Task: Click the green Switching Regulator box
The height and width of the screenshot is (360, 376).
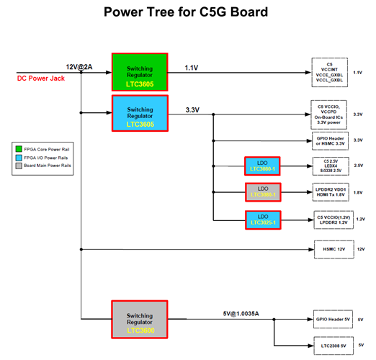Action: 139,72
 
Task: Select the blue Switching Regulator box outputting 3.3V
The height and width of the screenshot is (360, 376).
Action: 139,114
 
